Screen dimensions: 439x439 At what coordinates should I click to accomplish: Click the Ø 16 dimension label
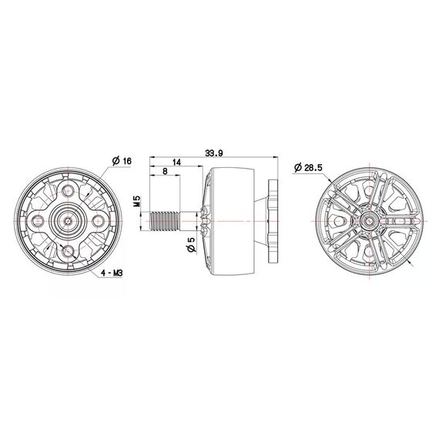121,161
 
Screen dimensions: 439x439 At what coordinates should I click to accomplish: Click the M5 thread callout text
136,203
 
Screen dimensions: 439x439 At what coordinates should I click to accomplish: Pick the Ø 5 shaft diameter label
191,246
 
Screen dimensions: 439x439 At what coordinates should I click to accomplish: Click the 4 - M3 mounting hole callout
111,273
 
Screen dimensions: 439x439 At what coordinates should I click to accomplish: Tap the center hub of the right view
370,220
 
